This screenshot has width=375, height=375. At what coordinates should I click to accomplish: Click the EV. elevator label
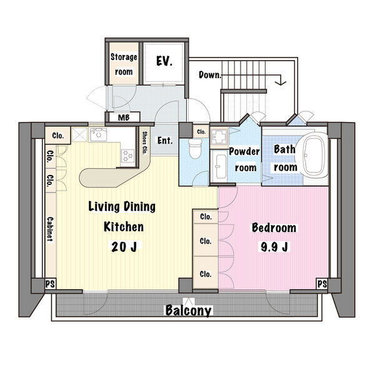coord(164,61)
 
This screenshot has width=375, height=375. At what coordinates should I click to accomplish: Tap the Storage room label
coord(124,64)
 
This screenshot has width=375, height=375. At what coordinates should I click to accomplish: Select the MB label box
coord(124,117)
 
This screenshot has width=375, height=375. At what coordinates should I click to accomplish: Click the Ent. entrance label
coord(165,141)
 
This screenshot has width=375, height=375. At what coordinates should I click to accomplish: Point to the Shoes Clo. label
coord(144,143)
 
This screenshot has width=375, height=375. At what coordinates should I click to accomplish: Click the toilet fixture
coord(195,148)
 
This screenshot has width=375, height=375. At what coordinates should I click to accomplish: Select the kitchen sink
coord(98,134)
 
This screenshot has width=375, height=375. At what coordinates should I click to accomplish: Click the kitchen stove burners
coord(127,156)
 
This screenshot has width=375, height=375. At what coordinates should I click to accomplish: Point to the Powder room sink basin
coord(221,166)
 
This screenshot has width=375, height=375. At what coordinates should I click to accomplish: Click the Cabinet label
coord(50,229)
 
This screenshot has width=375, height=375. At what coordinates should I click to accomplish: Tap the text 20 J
coord(124,247)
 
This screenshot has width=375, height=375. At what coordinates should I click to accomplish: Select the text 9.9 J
coord(274,247)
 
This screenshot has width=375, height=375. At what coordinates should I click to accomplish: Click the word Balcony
coord(189,310)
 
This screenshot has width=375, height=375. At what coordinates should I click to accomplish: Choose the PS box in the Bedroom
coord(322,284)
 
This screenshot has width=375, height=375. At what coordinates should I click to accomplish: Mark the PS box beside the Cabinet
coord(50,284)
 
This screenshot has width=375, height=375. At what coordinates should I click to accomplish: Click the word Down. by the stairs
coord(210,75)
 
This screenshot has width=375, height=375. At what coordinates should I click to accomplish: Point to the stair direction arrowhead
coord(281,82)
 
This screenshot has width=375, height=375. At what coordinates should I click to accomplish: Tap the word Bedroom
coord(274,227)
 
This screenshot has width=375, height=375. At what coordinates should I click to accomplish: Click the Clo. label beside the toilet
coord(201,132)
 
